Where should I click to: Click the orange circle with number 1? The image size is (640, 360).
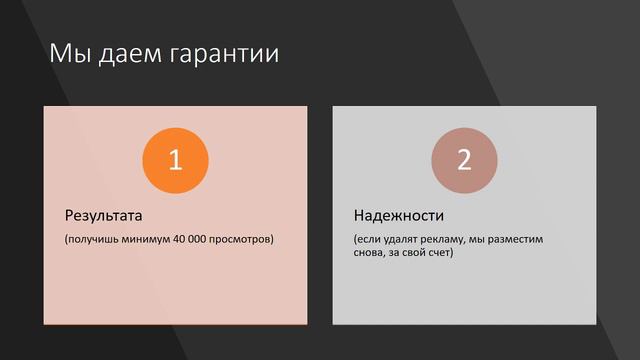[175, 161]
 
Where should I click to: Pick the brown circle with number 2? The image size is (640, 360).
[464, 161]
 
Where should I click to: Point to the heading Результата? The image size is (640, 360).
[104, 215]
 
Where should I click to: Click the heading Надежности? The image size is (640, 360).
[398, 215]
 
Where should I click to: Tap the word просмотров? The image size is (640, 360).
[244, 240]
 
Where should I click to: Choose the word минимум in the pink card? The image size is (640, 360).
[143, 240]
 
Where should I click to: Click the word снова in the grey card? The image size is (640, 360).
[368, 253]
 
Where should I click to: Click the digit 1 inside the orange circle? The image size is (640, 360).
[175, 161]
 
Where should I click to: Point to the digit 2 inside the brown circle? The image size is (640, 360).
[464, 161]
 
